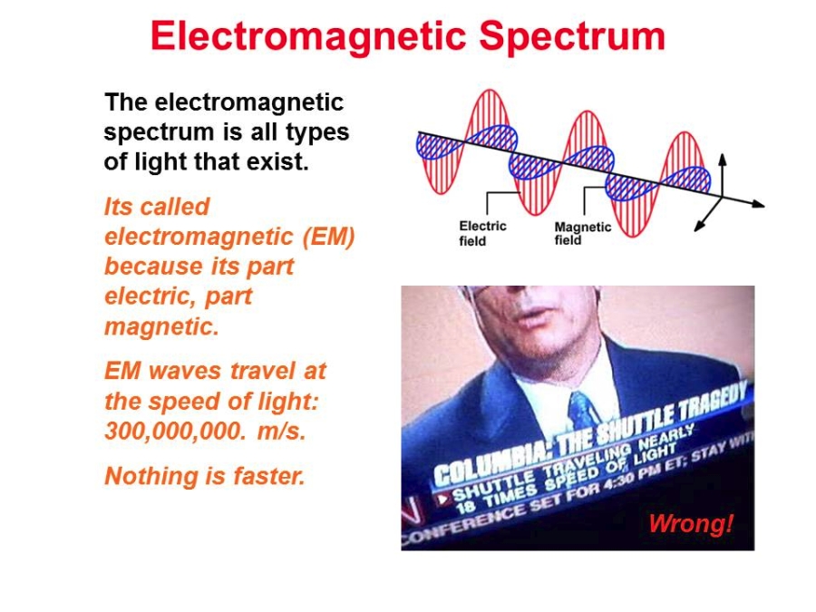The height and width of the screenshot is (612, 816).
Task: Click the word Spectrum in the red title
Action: (x=572, y=36)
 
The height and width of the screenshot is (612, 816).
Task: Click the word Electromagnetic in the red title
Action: (x=308, y=36)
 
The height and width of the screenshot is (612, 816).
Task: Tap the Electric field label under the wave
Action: (x=482, y=233)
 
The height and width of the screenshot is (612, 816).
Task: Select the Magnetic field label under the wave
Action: (x=582, y=233)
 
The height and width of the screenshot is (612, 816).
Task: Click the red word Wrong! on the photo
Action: (x=691, y=523)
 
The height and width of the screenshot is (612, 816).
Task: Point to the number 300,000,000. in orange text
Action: (x=175, y=431)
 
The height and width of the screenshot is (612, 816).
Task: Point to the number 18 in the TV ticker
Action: (x=467, y=505)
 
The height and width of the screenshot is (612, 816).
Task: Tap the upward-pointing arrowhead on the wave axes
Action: (x=723, y=160)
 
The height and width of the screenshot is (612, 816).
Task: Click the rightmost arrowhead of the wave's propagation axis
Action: (x=758, y=204)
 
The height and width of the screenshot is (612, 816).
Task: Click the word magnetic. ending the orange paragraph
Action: (x=162, y=327)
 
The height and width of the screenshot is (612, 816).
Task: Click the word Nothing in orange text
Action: (x=142, y=476)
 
